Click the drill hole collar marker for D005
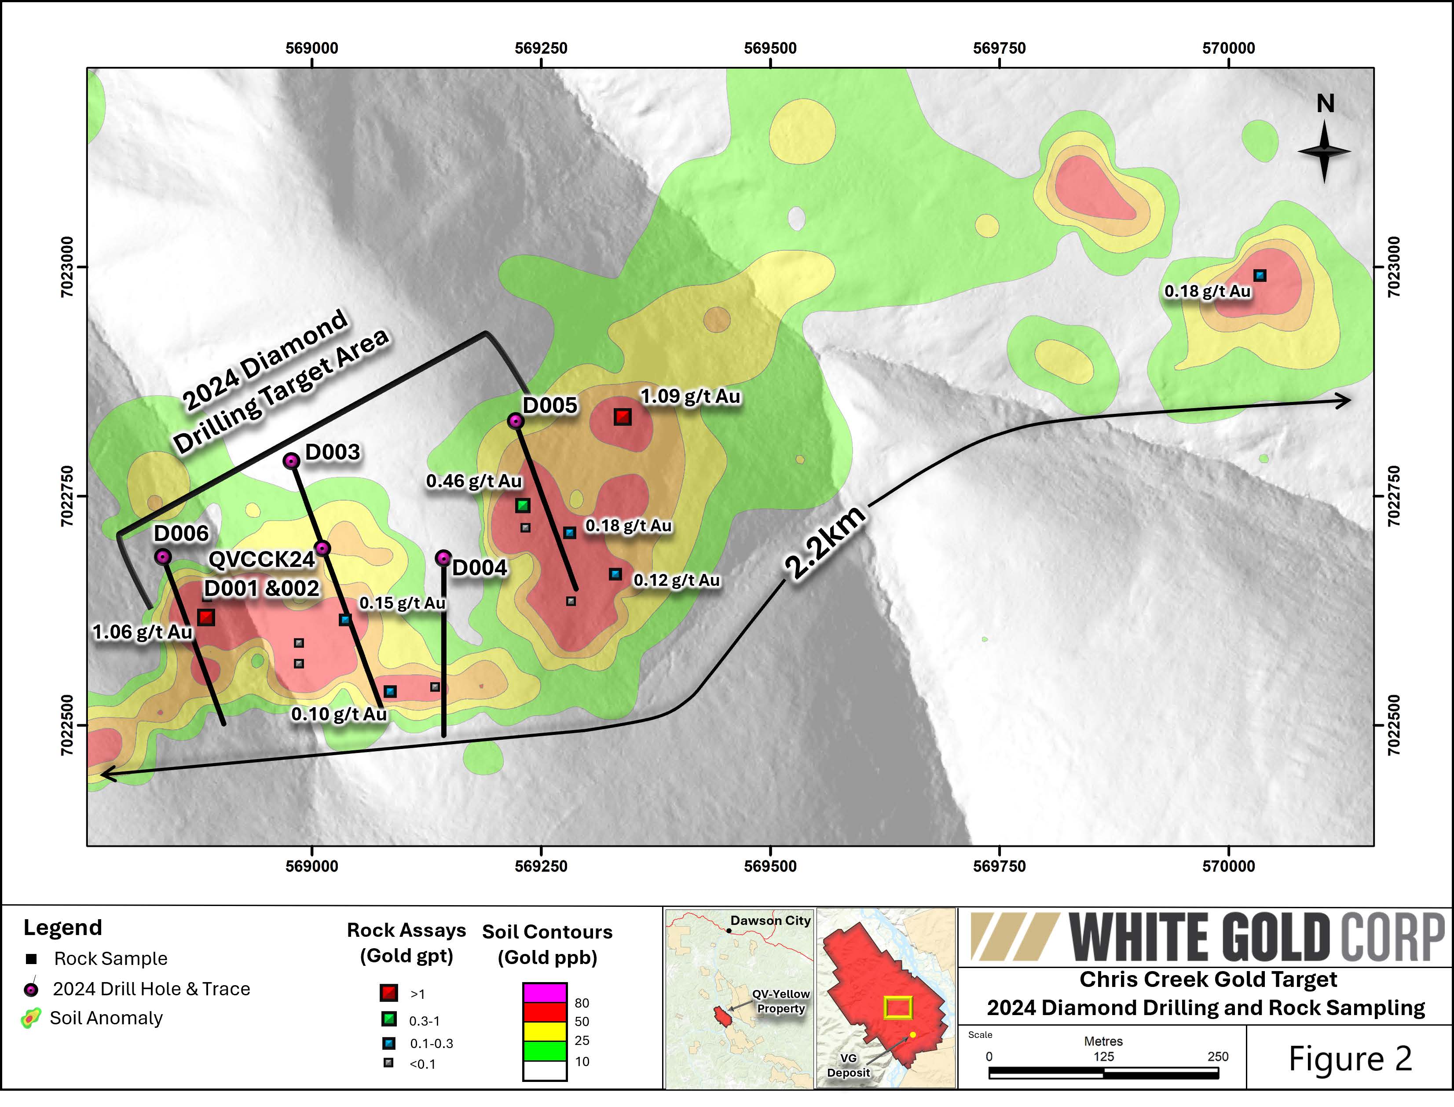[x=516, y=421]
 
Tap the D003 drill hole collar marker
[x=291, y=461]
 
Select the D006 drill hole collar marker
[x=163, y=557]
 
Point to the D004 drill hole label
[x=480, y=568]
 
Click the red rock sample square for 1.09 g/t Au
[x=623, y=416]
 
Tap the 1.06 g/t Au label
[x=143, y=632]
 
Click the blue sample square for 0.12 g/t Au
[x=615, y=574]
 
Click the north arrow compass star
[x=1325, y=152]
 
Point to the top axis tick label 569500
[x=770, y=48]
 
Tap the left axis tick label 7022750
[x=68, y=496]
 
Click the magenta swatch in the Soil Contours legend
[x=545, y=992]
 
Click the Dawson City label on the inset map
[x=770, y=921]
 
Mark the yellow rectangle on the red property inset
[x=898, y=1007]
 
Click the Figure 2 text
[x=1350, y=1059]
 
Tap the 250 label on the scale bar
[x=1217, y=1056]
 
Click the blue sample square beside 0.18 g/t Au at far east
[x=1260, y=275]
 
